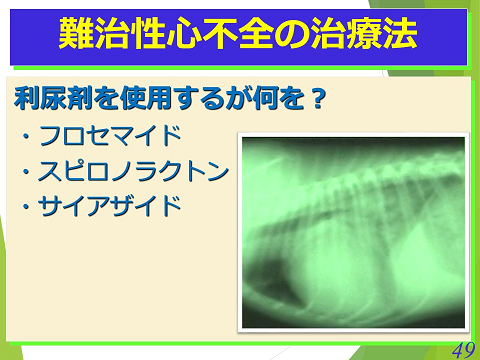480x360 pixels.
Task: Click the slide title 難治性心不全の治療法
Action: (x=239, y=36)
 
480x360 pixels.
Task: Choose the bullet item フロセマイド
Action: (x=110, y=136)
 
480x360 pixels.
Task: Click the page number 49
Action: (x=462, y=349)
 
